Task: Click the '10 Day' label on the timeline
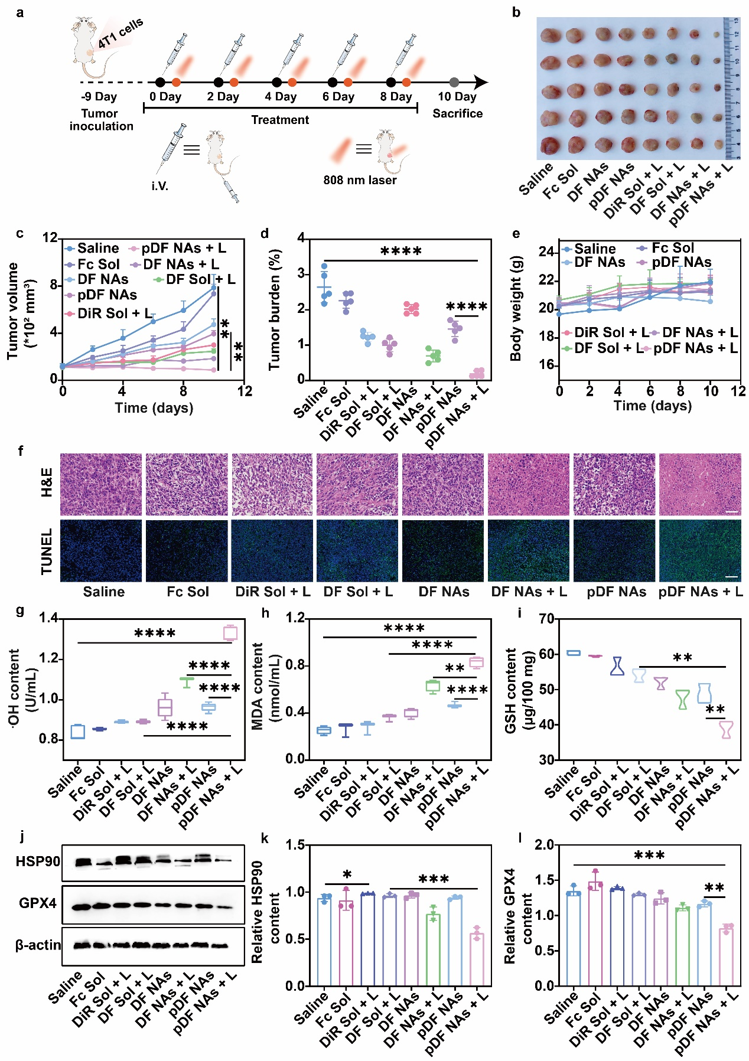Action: tap(457, 97)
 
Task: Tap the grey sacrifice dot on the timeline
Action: tap(454, 83)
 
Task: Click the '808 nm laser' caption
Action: tap(360, 180)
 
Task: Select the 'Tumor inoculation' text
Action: tap(100, 120)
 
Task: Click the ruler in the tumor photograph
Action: tap(732, 89)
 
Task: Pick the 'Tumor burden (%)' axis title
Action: tap(274, 310)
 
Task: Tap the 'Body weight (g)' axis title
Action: tap(516, 308)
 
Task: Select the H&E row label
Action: tap(46, 482)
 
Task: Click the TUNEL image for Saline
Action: tap(101, 550)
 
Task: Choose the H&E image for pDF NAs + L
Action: tap(700, 484)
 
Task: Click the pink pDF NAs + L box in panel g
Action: tap(230, 632)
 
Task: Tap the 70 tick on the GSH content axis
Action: tap(546, 619)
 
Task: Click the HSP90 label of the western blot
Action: tap(38, 861)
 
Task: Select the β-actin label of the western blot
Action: tap(38, 945)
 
